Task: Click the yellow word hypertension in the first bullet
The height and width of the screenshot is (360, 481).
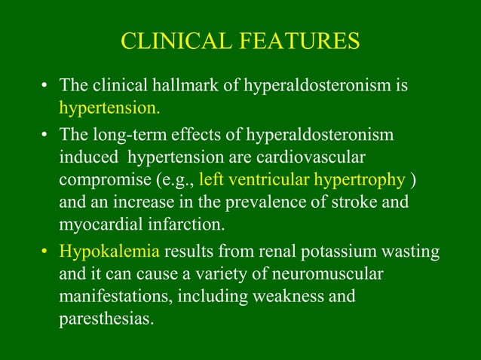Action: pyautogui.click(x=109, y=106)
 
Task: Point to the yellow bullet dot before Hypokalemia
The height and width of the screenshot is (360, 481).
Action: pyautogui.click(x=47, y=252)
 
